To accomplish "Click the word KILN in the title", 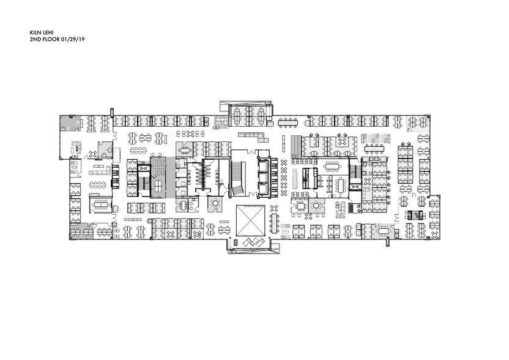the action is [x=34, y=33].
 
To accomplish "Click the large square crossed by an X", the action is [x=250, y=220].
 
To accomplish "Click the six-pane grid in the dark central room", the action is [x=158, y=187].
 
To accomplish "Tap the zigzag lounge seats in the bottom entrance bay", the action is [x=254, y=242].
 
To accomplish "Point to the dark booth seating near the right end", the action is [x=414, y=215].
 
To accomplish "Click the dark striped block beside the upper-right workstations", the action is [x=295, y=146].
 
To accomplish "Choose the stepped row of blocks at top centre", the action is [x=253, y=137].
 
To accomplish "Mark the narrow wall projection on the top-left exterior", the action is [x=112, y=112].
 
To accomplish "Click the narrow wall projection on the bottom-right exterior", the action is [x=388, y=242].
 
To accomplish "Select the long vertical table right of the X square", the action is [x=275, y=223].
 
